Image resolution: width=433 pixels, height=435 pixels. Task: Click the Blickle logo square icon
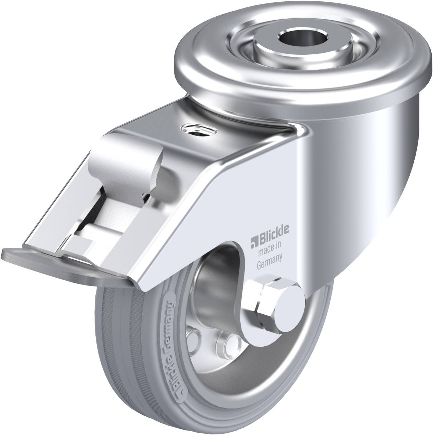(254, 242)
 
